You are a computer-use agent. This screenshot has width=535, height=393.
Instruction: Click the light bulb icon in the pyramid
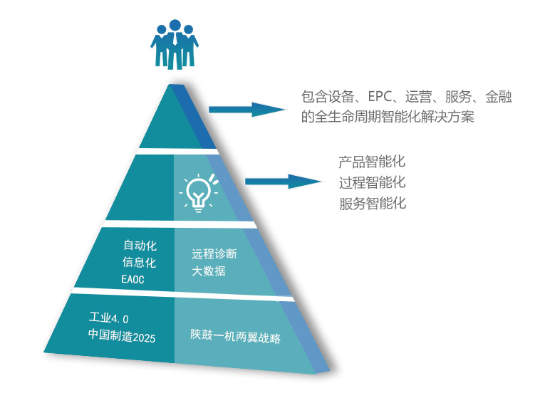tap(199, 192)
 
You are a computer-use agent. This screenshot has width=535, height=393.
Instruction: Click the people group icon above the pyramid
tap(175, 44)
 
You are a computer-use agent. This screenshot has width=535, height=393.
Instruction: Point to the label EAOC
tap(133, 280)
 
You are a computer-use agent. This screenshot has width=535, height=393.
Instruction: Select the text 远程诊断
tap(214, 254)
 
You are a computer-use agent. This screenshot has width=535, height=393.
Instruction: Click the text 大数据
tap(209, 271)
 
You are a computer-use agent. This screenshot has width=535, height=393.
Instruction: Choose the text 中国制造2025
tap(122, 335)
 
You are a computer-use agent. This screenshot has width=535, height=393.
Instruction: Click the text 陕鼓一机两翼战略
tap(235, 335)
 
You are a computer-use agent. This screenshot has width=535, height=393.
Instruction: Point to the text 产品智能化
tap(372, 162)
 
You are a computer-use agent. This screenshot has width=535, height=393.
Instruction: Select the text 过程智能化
tap(372, 182)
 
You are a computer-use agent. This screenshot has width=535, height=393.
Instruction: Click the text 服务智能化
tap(372, 204)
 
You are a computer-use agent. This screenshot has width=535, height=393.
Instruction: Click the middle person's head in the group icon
tap(175, 26)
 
